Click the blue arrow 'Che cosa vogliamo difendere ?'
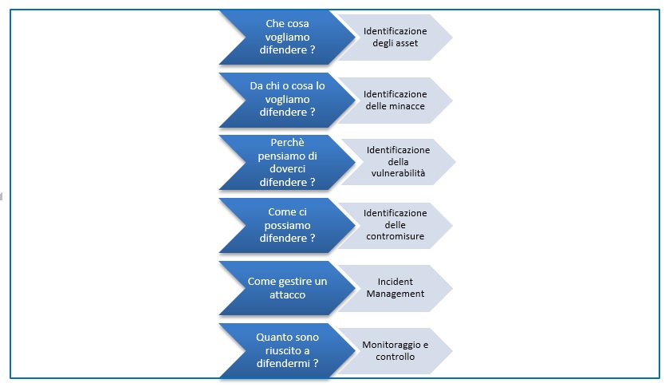[287, 37]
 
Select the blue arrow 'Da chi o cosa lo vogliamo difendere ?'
[287, 99]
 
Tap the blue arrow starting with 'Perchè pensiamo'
[287, 162]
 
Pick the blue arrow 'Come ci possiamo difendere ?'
[287, 225]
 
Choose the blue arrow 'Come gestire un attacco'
[287, 287]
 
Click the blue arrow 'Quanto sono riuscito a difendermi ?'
[287, 350]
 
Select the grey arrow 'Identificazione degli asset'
[395, 37]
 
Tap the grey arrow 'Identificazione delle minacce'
[395, 100]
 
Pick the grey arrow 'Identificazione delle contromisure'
[395, 225]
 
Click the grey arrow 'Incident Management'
[395, 287]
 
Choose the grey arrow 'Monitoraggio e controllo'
[395, 350]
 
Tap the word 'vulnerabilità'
[398, 173]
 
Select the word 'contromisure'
[395, 236]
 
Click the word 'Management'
[395, 294]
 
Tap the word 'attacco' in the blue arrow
[287, 294]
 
